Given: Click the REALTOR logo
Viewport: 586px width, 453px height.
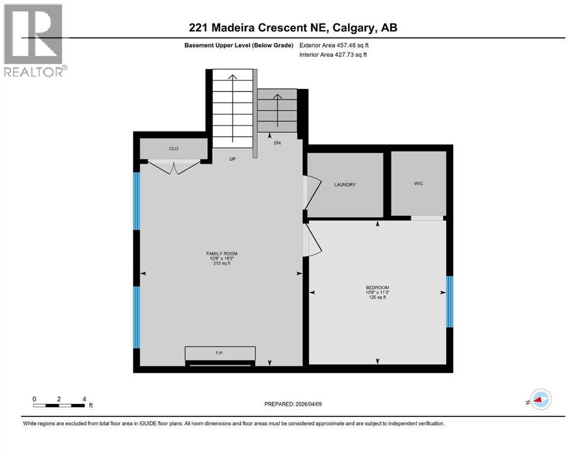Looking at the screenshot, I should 34,40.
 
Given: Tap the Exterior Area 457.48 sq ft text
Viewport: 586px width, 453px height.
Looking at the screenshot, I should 335,45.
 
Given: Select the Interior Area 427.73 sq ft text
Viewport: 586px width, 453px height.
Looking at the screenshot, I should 333,55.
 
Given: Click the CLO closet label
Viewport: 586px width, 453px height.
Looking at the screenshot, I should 173,149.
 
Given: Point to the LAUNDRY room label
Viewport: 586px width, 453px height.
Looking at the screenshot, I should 345,185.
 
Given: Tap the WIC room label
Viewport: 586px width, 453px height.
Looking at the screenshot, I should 418,183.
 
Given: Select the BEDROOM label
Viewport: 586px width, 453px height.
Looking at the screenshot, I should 377,288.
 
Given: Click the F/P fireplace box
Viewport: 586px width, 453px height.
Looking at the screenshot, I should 220,353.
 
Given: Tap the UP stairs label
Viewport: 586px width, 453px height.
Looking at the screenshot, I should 233,159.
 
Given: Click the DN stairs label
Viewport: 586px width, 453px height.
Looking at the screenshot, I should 277,143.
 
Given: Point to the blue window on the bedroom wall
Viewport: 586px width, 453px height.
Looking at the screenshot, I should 449,301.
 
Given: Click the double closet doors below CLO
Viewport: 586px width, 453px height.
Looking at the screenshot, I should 173,168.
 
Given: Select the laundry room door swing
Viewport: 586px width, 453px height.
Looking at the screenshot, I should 312,191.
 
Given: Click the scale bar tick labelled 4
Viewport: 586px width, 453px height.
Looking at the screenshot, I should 84,399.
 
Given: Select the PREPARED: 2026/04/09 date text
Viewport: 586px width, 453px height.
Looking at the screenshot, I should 293,404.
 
